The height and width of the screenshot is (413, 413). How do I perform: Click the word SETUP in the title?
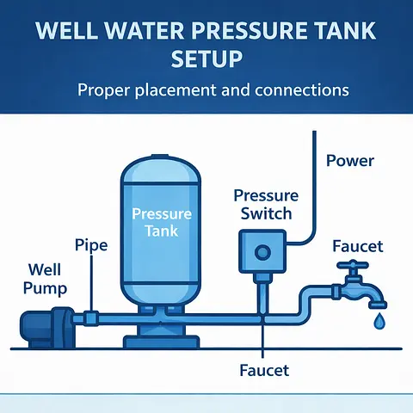(206, 59)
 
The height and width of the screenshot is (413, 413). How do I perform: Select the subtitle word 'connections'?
(302, 89)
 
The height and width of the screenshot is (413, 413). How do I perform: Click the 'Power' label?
(350, 161)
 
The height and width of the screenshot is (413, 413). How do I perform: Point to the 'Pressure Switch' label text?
(266, 205)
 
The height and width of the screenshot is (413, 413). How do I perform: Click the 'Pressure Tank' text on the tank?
(162, 222)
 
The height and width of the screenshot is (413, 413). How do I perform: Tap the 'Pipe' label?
(91, 245)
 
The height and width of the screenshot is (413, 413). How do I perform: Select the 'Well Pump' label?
(45, 279)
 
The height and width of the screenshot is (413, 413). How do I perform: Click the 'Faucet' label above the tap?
(358, 246)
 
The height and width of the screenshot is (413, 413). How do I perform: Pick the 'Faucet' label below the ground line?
(264, 370)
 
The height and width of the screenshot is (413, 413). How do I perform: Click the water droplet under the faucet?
(379, 321)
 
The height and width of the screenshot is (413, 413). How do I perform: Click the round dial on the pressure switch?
(262, 253)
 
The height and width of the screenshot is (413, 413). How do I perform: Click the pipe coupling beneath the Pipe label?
(91, 318)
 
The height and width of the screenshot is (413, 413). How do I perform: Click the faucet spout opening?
(378, 305)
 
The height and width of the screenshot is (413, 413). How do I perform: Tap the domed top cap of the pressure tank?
(161, 170)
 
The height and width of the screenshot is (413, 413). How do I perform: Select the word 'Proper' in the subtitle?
(104, 90)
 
